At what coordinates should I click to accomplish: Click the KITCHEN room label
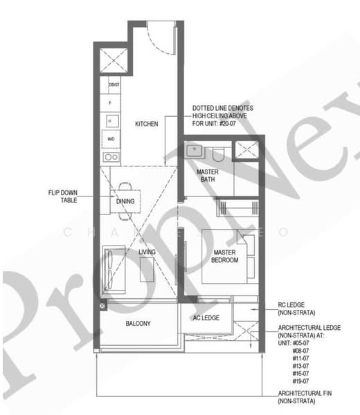tap(146, 124)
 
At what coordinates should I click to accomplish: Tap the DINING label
tap(125, 201)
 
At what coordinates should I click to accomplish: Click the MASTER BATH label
tap(208, 175)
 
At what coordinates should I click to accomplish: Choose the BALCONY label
tap(138, 324)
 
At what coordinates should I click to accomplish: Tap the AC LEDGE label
tap(206, 317)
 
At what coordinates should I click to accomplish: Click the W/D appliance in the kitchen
tap(111, 139)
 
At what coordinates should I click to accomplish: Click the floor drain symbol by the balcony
tap(103, 305)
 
